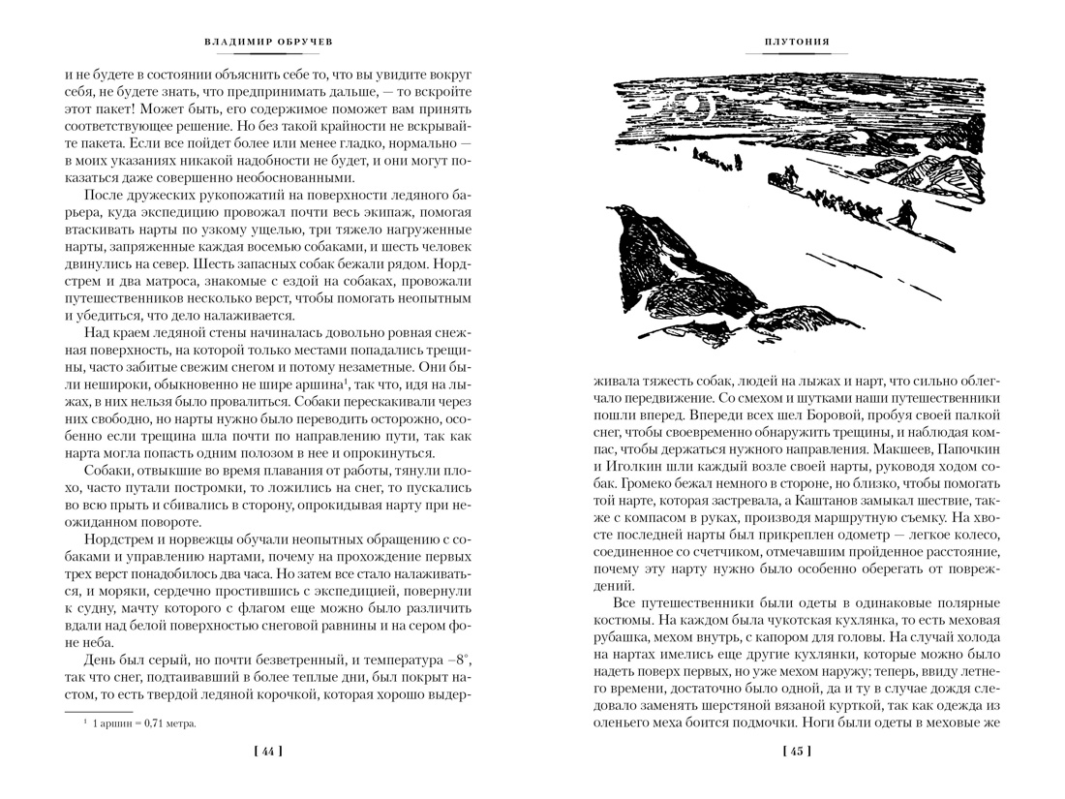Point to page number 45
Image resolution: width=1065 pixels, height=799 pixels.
pyautogui.click(x=797, y=751)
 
